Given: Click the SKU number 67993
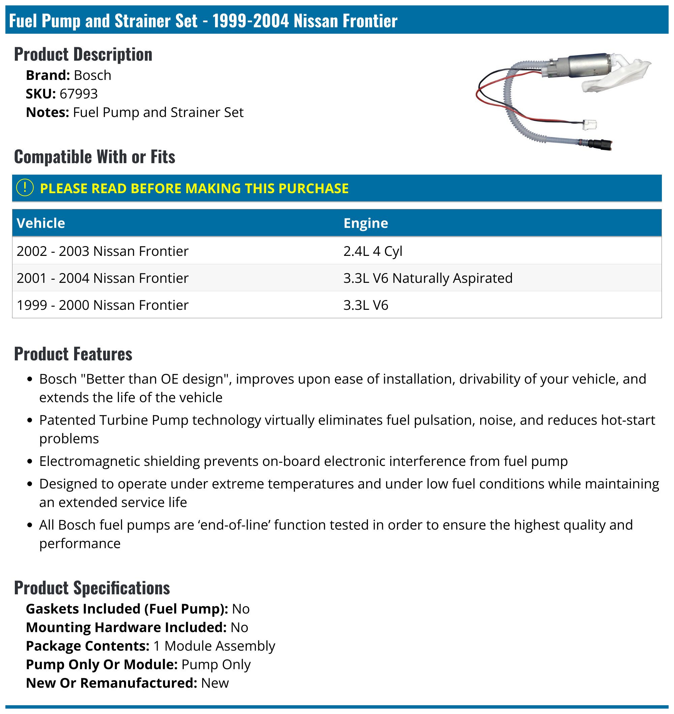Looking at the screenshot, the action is tap(78, 94).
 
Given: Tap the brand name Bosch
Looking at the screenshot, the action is tap(92, 75).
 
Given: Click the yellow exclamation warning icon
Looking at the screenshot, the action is tap(25, 187).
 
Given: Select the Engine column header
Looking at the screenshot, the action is tap(365, 223).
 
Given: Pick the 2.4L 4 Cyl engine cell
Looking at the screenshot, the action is tap(373, 251).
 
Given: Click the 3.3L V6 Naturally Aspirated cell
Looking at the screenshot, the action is tap(428, 278).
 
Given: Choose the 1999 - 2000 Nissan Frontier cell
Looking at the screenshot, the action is tap(102, 305).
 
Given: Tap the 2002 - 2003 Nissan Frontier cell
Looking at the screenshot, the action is tap(102, 251).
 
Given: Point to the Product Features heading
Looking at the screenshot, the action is tap(73, 354).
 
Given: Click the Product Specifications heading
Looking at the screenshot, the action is tap(92, 588).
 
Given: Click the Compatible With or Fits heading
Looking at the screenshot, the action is tap(94, 157).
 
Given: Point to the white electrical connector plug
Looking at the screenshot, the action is tap(589, 125).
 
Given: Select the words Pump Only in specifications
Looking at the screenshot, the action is tap(216, 664).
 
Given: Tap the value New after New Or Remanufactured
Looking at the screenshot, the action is tap(215, 683).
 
